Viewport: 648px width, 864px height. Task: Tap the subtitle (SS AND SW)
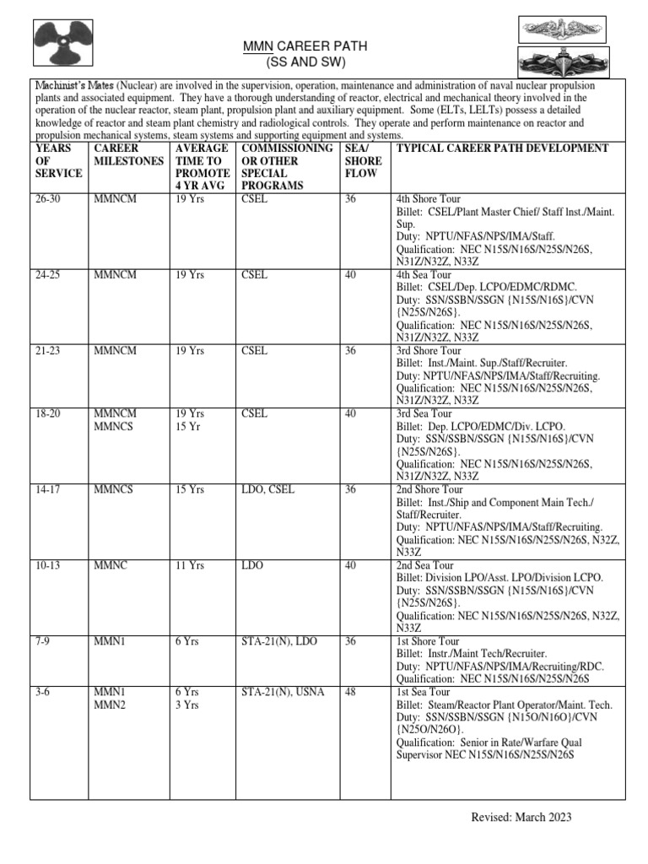point(294,63)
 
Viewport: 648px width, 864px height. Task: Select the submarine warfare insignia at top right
point(556,30)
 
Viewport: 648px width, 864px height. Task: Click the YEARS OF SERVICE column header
point(58,160)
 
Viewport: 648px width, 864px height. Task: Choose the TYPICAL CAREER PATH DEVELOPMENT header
point(502,148)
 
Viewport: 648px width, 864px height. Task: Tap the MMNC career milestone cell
point(110,565)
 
